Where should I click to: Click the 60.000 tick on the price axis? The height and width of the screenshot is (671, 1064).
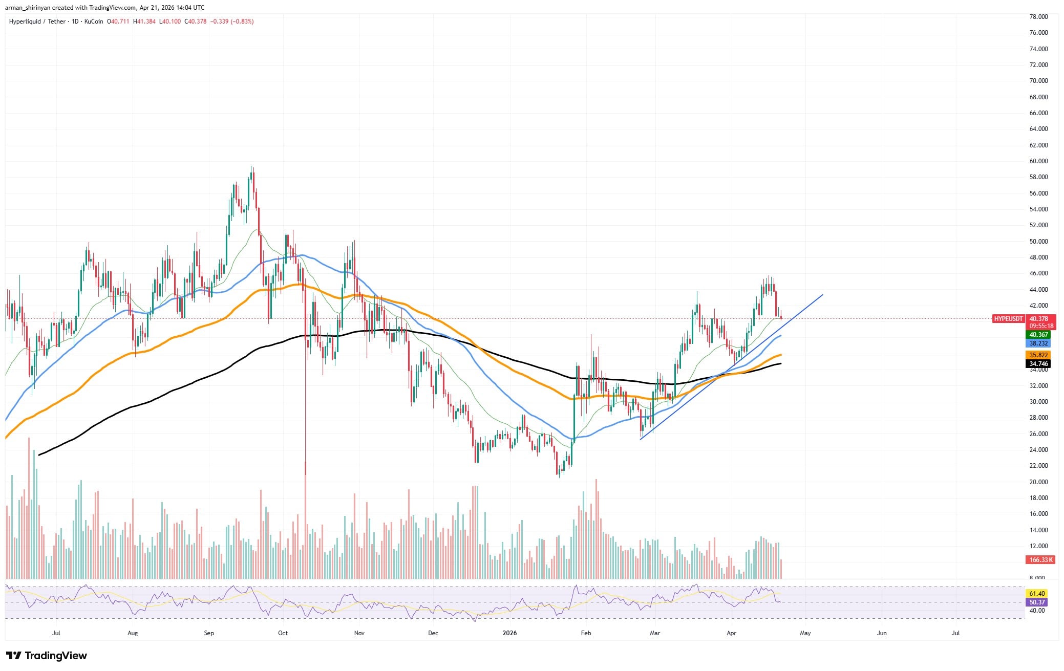coord(1034,161)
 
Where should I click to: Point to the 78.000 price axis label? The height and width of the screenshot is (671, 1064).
coord(1034,17)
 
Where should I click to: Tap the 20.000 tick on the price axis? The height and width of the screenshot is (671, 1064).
coord(1034,482)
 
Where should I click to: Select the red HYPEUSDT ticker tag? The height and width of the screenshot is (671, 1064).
coord(1008,319)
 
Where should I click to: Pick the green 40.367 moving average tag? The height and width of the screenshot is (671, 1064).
coord(1039,335)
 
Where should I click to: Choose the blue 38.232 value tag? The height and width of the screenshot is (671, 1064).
coord(1039,343)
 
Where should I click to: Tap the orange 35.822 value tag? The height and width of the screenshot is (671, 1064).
coord(1039,355)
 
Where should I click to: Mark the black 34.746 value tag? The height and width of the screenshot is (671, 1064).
coord(1039,364)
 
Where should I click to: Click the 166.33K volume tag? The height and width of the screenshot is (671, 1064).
coord(1040,560)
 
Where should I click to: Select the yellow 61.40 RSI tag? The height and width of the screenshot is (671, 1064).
coord(1037,594)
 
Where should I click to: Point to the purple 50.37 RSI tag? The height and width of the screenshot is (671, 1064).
coord(1037,602)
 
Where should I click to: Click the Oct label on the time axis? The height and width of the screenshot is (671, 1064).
coord(283,633)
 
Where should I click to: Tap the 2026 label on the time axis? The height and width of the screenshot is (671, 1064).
coord(509,633)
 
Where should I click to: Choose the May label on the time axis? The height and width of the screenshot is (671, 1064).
coord(805,633)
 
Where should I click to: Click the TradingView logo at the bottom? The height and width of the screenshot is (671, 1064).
coord(47,656)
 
